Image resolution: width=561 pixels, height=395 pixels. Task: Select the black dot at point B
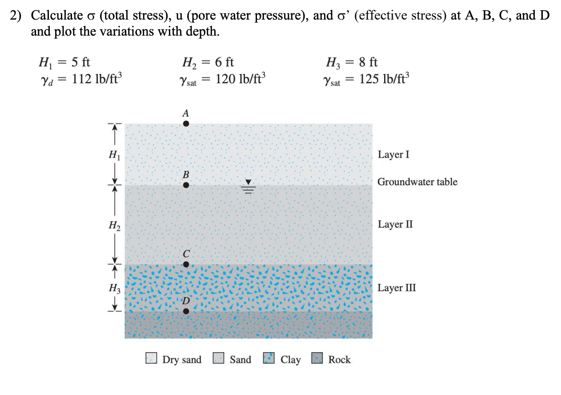pos(186,184)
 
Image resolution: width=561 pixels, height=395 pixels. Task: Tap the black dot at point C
pos(186,264)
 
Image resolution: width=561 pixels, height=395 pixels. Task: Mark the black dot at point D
pos(186,311)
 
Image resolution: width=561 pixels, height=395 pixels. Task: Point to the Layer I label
pos(393,155)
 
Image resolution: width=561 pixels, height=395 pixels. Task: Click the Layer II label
pos(395,224)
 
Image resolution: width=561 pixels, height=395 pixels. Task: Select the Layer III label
pos(397,287)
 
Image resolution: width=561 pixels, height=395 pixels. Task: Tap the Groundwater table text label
pos(417,182)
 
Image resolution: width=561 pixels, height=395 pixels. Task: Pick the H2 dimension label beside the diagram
pos(114,225)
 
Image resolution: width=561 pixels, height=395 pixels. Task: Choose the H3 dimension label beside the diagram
pos(114,288)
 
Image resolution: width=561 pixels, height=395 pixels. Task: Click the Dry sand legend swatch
pos(152,358)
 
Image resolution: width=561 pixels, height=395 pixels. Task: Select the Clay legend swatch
pos(269,358)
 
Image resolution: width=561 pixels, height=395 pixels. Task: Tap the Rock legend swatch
pos(317,358)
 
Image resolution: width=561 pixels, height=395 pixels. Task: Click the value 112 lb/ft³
pos(96,79)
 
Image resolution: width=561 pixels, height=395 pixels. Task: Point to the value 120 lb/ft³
pos(240,79)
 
